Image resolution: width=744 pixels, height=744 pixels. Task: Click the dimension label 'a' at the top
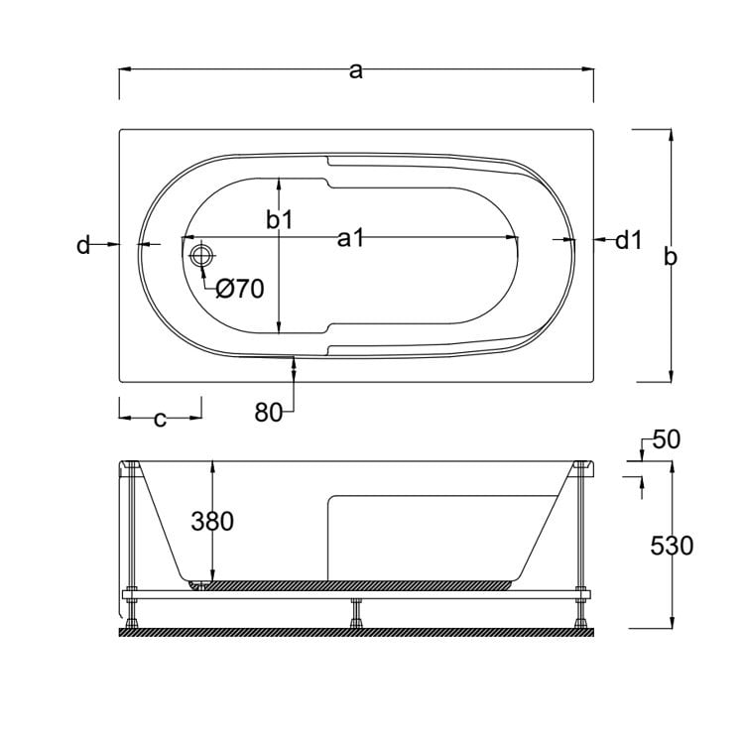tap(356, 70)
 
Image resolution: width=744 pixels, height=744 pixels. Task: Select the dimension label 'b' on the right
tap(671, 256)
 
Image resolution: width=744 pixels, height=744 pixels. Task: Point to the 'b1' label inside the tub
tap(280, 219)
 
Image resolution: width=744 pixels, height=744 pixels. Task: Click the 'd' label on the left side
tap(83, 244)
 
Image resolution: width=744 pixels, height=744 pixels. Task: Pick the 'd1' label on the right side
tap(629, 239)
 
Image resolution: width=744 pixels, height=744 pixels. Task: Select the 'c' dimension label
tap(160, 419)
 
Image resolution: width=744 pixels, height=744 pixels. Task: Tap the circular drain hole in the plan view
tap(201, 256)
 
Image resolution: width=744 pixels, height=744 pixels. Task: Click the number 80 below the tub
tap(268, 413)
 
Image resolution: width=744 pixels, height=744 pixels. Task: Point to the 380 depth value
tap(212, 520)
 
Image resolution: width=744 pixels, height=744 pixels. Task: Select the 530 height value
tap(671, 545)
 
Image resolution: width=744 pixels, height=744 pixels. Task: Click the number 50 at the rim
tap(666, 439)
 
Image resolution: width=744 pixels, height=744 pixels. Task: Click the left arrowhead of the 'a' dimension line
tap(125, 69)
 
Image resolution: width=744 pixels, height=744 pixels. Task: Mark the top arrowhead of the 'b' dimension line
tap(672, 135)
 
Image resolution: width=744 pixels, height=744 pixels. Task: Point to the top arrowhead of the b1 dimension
tap(280, 184)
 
